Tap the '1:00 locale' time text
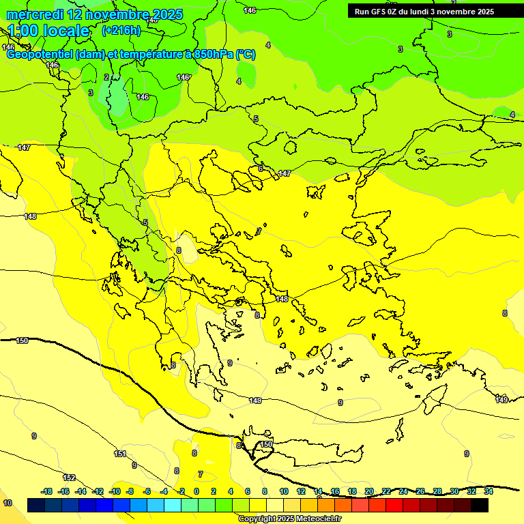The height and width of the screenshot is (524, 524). pyautogui.click(x=48, y=31)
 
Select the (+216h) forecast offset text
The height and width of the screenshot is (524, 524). pyautogui.click(x=121, y=31)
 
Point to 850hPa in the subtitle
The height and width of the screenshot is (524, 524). pyautogui.click(x=212, y=55)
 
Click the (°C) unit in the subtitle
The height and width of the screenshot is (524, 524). pyautogui.click(x=246, y=55)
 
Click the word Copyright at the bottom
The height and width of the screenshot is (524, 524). pyautogui.click(x=258, y=519)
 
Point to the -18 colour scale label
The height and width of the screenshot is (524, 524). pyautogui.click(x=47, y=491)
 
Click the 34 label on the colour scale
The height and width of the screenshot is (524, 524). pyautogui.click(x=489, y=491)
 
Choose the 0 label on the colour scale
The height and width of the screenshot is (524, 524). pyautogui.click(x=196, y=491)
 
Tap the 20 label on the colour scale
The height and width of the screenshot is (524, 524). pyautogui.click(x=369, y=491)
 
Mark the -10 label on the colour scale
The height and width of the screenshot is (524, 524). pyautogui.click(x=115, y=491)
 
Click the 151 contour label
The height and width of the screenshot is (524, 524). pyautogui.click(x=120, y=454)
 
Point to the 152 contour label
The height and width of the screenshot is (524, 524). pyautogui.click(x=69, y=478)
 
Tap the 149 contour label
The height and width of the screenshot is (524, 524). pyautogui.click(x=501, y=400)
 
